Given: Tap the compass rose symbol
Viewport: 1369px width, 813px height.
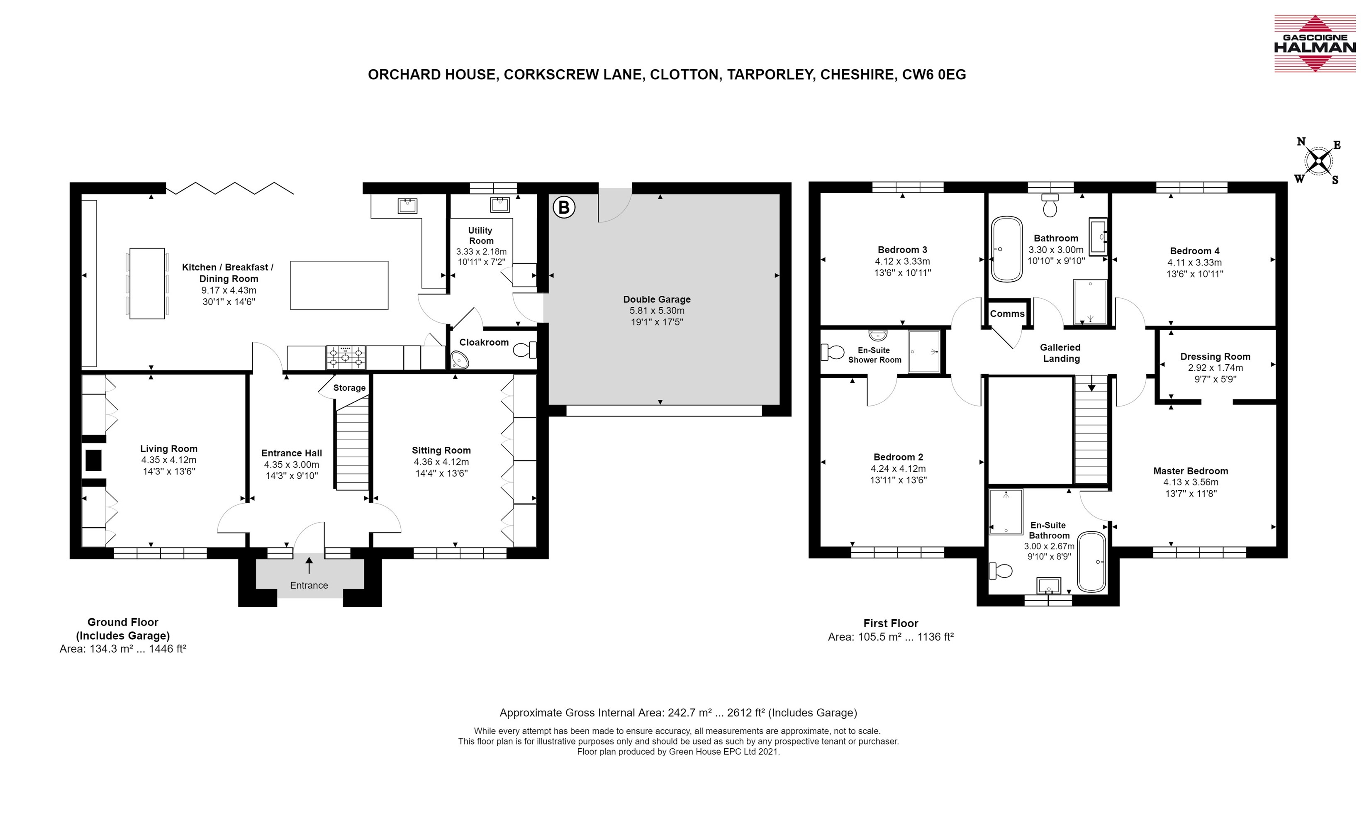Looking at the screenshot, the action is tap(1318, 161).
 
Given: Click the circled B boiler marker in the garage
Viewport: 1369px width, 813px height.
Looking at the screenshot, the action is tap(564, 208).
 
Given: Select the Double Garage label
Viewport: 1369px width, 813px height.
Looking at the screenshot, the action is tap(657, 299).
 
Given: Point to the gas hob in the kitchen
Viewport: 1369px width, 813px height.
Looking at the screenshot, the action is tap(346, 357).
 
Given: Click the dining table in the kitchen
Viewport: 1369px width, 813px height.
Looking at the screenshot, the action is tap(147, 283).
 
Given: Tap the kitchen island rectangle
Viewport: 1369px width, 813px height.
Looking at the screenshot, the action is tap(339, 285).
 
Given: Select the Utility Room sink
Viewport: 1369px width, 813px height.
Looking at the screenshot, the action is tap(499, 205).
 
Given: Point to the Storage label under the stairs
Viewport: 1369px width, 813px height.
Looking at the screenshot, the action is tap(349, 388).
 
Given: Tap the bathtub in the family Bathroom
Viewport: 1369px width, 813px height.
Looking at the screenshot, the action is tap(1007, 249).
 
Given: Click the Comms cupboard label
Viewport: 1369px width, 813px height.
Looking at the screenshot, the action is tap(1007, 314).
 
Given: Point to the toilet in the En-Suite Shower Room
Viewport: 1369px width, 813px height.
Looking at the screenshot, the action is tap(832, 352).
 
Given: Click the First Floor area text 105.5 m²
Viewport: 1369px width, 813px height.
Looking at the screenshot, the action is tap(877, 637).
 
